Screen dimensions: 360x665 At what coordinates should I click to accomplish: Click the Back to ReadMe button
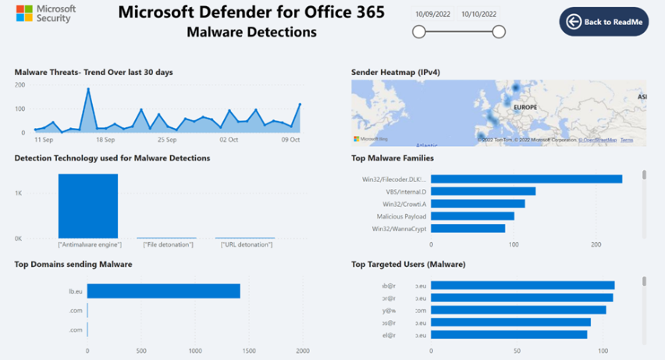click(x=604, y=22)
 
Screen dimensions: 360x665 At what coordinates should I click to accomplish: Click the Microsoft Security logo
click(x=46, y=14)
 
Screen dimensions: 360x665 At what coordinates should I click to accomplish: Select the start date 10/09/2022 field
click(x=433, y=13)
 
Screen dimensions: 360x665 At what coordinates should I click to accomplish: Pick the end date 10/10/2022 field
click(x=478, y=13)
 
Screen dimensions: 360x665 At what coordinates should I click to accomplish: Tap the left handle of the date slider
click(x=419, y=32)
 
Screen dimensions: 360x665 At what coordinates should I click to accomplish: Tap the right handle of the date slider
click(x=499, y=32)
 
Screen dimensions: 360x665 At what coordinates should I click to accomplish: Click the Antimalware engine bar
click(x=88, y=205)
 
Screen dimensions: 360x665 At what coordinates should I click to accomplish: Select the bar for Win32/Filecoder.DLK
click(x=526, y=179)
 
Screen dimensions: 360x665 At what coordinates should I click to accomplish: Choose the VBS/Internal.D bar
click(x=483, y=191)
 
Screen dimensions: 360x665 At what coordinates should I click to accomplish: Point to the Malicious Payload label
click(x=401, y=216)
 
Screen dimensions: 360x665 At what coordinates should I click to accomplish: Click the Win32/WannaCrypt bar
click(x=468, y=229)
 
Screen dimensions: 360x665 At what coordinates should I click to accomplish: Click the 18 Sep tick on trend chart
click(x=105, y=140)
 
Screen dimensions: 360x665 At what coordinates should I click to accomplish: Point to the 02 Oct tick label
click(x=229, y=140)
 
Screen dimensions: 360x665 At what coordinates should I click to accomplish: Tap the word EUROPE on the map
click(x=525, y=107)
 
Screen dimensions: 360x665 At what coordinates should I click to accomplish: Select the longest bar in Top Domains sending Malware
click(x=163, y=291)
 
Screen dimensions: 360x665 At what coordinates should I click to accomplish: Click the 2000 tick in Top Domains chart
click(x=303, y=351)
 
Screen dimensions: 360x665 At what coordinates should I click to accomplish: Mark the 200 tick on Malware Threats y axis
click(x=20, y=84)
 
